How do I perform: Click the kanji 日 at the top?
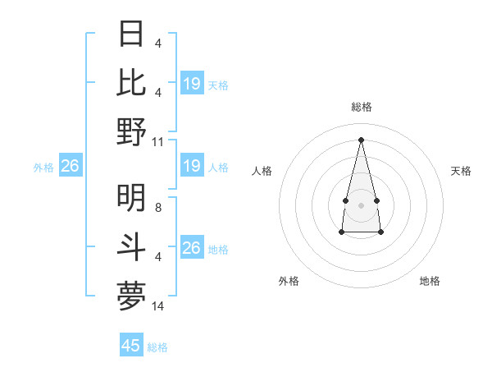tap(132, 34)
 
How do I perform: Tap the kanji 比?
tap(132, 82)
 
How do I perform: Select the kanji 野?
tap(132, 131)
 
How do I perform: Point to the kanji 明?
tap(132, 197)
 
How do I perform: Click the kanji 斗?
tap(132, 246)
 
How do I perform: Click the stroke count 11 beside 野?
tap(158, 141)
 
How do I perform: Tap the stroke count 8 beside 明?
tap(157, 208)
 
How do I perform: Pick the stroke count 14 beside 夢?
tap(158, 306)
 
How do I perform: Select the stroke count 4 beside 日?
tap(157, 44)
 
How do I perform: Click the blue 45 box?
tap(131, 346)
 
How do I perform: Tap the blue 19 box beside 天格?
tap(192, 84)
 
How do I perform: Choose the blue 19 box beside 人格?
tap(192, 167)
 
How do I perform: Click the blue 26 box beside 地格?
tap(192, 248)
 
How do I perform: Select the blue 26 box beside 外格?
tap(70, 167)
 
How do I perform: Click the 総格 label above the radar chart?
tap(361, 107)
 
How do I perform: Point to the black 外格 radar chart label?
tap(289, 281)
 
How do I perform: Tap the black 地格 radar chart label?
tap(430, 281)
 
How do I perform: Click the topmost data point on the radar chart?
tap(361, 139)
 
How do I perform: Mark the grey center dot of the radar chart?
tap(361, 204)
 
